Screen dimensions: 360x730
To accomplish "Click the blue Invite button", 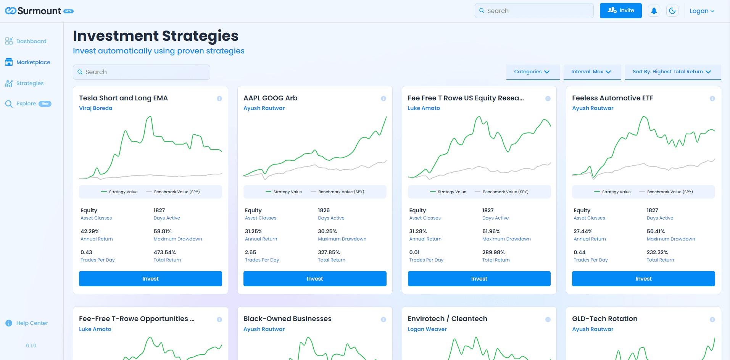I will [620, 11].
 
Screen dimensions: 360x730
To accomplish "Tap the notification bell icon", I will [654, 11].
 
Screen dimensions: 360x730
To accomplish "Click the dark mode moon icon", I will [672, 11].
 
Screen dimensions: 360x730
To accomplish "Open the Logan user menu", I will [702, 11].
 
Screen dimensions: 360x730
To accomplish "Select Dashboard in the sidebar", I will [31, 41].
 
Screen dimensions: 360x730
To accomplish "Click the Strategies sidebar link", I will [30, 83].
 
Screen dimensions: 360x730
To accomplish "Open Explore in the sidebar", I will [26, 103].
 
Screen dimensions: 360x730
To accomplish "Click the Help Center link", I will [32, 323].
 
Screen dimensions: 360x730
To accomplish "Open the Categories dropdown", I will [532, 72].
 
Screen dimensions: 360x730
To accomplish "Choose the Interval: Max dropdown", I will [591, 72].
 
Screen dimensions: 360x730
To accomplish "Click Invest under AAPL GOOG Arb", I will [315, 279].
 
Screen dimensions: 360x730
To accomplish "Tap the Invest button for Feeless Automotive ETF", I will [643, 279].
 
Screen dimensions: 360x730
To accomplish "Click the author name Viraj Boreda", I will [96, 108].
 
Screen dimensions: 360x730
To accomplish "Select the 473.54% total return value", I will [165, 252].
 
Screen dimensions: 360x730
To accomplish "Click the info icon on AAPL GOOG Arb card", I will [384, 98].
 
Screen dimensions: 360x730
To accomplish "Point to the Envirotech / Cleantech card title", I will [447, 319].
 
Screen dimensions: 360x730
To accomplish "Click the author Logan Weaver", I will [427, 329].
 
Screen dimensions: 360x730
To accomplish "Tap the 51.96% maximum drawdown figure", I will [491, 231].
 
